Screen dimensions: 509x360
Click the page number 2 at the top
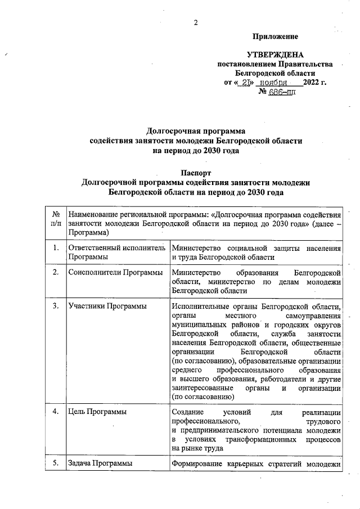(196, 22)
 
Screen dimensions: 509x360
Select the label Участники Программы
(107, 307)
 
